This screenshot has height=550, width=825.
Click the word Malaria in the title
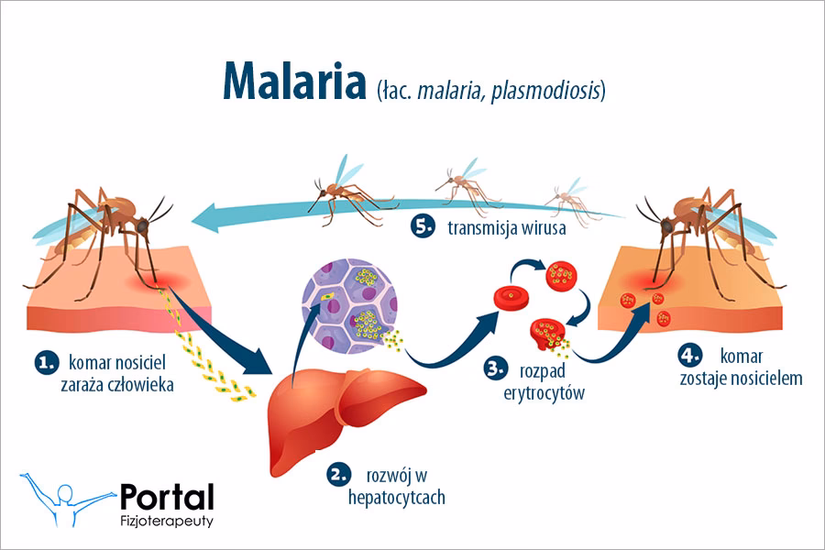click(x=294, y=81)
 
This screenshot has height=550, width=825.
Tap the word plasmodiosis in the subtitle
click(x=546, y=91)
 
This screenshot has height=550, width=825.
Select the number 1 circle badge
click(x=47, y=363)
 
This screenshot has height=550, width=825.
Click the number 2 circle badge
click(x=338, y=474)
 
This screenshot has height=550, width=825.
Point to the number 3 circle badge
click(x=496, y=368)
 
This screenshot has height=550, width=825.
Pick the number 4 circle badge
click(x=689, y=355)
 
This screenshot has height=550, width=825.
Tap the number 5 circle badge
click(x=423, y=226)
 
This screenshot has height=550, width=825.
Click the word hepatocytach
click(x=397, y=498)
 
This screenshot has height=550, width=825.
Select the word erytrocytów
click(x=544, y=393)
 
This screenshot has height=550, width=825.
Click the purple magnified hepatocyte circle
click(x=349, y=306)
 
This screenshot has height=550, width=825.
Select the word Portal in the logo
click(x=168, y=497)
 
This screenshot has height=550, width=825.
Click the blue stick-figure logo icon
click(x=67, y=499)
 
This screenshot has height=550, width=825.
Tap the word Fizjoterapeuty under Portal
click(x=167, y=521)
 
